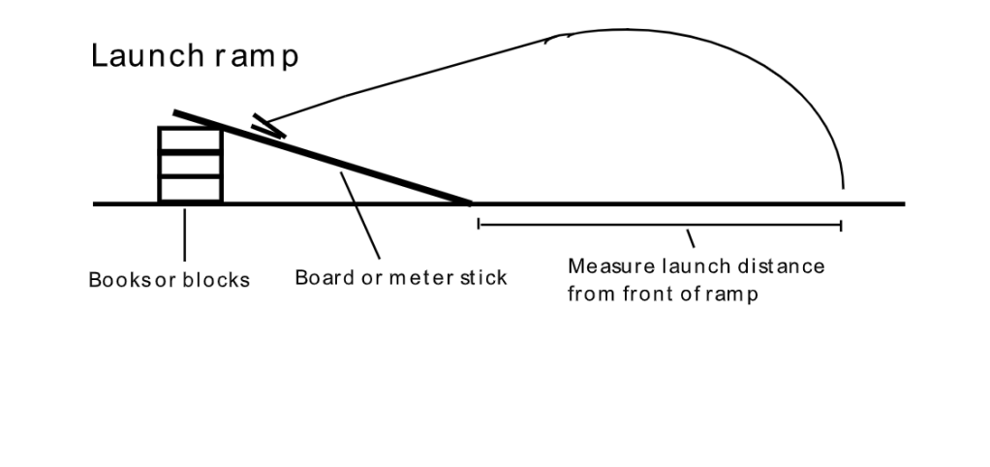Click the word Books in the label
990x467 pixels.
click(114, 280)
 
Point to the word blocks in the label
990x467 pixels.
click(216, 280)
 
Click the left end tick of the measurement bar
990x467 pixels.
click(479, 225)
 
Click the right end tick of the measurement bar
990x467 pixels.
click(841, 225)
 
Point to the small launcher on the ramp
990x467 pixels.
click(267, 126)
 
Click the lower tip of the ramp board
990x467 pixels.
click(469, 202)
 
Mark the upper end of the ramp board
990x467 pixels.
click(175, 113)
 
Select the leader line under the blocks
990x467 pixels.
click(184, 233)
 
